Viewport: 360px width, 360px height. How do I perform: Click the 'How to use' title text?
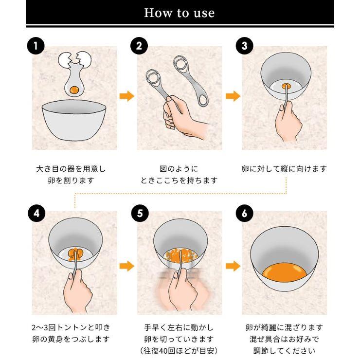coord(179,13)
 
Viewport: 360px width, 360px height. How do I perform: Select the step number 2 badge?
coord(139,47)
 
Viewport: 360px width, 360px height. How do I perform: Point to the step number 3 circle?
coord(244,47)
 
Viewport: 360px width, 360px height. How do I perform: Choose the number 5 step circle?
coord(139,214)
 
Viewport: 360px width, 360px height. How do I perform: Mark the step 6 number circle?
coord(244,214)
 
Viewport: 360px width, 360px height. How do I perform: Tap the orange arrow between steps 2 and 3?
coord(233,96)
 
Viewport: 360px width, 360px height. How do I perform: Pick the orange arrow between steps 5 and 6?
coord(233,266)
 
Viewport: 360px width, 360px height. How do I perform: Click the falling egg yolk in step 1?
coord(74,90)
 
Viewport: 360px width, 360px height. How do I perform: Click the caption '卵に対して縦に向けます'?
coord(284,169)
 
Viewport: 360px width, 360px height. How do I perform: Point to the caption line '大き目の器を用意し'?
coord(71,169)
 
